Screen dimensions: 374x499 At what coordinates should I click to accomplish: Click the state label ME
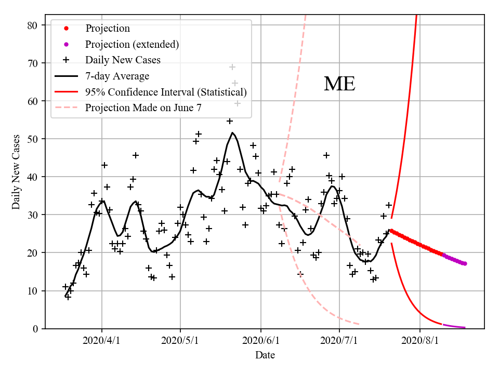pos(339,84)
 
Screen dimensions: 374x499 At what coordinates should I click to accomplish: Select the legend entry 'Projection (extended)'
pos(132,44)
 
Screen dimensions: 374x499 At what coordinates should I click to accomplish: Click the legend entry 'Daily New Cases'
pos(123,60)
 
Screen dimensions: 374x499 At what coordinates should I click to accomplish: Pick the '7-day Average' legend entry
pos(117,76)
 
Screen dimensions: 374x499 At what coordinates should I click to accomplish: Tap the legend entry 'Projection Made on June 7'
pos(143,108)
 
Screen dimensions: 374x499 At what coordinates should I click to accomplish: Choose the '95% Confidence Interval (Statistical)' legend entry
pos(166,92)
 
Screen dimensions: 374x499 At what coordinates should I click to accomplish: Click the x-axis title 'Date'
pos(265,355)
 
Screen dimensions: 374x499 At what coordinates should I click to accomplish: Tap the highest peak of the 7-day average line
pos(232,132)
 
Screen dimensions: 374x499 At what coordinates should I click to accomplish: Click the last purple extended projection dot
pos(465,263)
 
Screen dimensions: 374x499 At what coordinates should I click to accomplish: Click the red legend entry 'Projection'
pos(108,28)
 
